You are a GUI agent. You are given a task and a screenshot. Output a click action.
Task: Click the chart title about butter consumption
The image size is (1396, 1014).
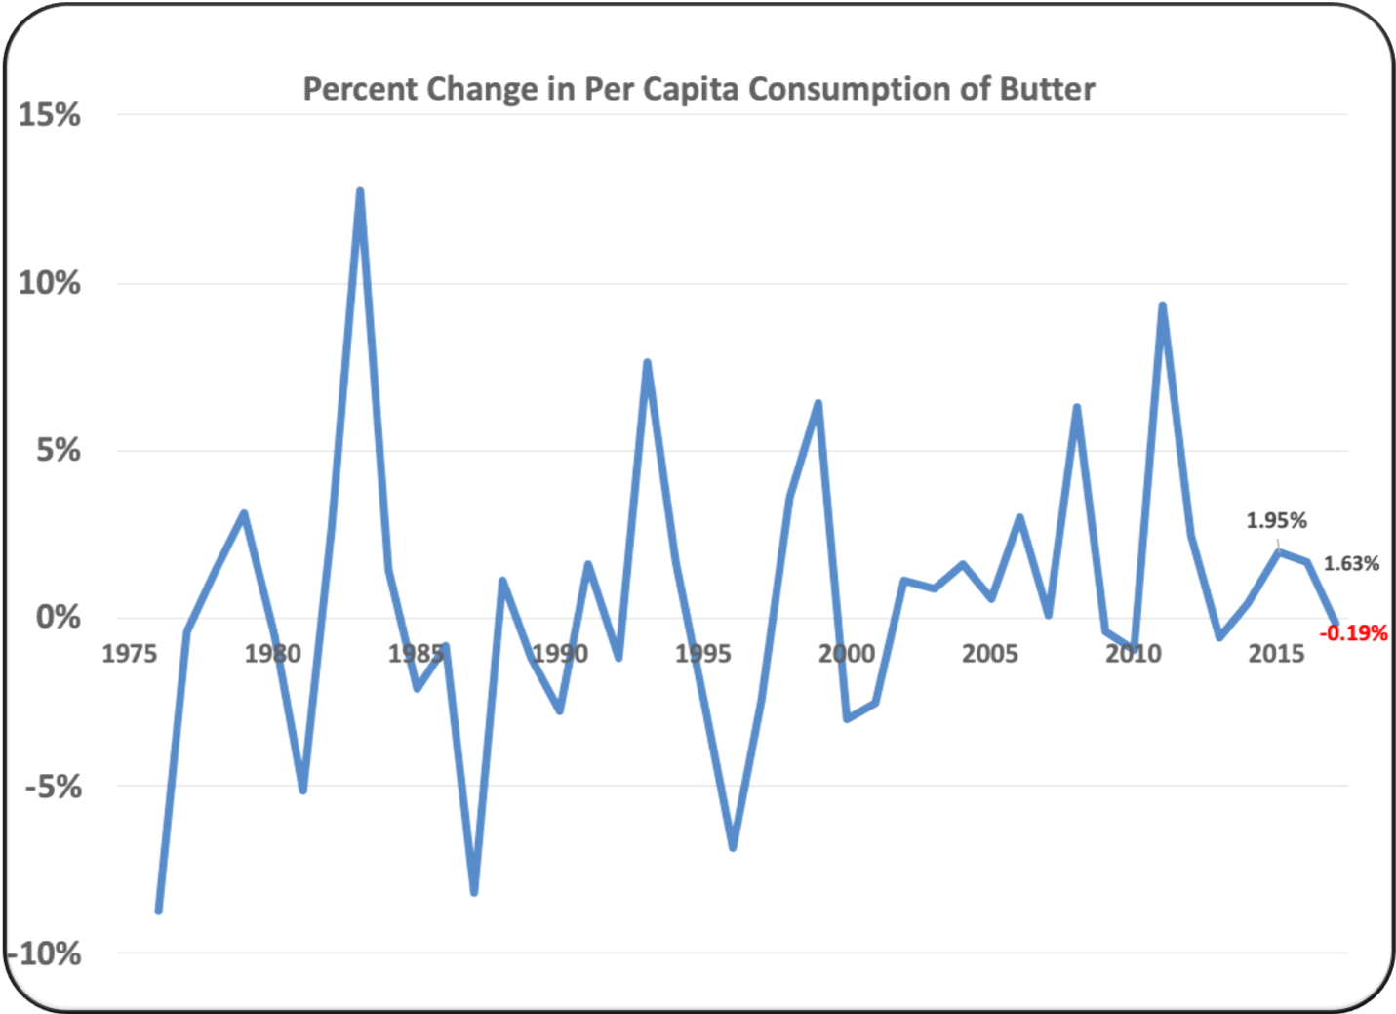click(x=698, y=89)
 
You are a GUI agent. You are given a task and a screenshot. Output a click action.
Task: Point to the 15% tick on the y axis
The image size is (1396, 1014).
click(x=49, y=115)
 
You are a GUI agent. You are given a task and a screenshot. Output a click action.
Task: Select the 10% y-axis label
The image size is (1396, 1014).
click(x=49, y=283)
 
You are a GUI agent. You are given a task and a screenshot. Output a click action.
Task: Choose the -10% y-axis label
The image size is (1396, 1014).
click(x=45, y=953)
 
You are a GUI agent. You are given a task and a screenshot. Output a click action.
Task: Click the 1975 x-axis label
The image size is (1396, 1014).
click(x=130, y=653)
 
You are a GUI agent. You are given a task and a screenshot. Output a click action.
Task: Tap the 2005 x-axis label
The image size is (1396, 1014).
click(x=989, y=653)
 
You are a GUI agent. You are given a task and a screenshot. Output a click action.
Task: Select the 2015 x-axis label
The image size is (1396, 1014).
click(x=1276, y=653)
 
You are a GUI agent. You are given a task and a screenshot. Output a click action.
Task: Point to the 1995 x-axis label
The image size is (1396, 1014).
click(x=702, y=653)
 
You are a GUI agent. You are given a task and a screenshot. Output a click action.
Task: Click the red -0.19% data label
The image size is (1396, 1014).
click(x=1353, y=633)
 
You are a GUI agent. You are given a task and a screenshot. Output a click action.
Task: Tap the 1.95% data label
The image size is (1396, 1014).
click(x=1276, y=520)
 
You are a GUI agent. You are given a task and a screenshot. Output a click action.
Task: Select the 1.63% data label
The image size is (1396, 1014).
click(x=1351, y=563)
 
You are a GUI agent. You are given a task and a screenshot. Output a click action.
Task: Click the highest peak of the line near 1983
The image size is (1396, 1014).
click(x=360, y=191)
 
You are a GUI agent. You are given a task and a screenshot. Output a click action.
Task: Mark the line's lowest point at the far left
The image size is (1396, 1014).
click(x=158, y=911)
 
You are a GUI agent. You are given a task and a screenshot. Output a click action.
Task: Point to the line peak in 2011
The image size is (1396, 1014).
click(x=1162, y=305)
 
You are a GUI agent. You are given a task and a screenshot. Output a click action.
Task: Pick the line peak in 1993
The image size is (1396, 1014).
click(x=647, y=363)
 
